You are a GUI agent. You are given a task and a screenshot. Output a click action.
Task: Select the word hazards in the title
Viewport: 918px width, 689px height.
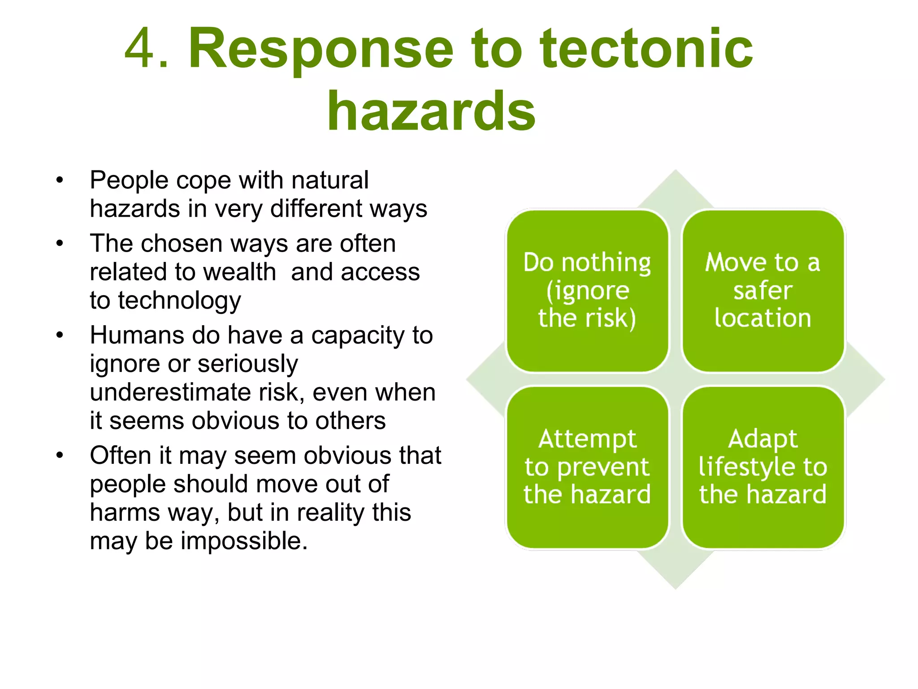pos(431,111)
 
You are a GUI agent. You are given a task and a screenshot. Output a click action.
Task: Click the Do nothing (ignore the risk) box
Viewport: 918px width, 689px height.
pos(587,291)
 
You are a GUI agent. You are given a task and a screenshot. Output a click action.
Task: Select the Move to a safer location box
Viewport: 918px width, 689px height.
pos(763,291)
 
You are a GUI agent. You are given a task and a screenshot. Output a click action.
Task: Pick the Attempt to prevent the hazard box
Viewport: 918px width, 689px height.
pos(587,467)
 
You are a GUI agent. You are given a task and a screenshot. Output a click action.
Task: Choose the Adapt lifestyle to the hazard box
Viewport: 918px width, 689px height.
pos(763,467)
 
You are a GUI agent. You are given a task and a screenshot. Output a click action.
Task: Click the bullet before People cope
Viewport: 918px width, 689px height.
pos(60,181)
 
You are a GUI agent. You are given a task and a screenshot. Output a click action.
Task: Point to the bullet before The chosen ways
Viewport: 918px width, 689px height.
pos(60,244)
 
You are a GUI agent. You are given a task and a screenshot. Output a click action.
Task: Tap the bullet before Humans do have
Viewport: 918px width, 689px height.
pos(60,336)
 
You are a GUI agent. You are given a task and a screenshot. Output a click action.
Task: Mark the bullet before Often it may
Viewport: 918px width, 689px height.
pos(60,456)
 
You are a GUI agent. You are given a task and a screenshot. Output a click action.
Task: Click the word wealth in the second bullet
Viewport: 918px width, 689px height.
pos(238,272)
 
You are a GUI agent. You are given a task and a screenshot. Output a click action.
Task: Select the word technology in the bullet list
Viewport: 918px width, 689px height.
pos(179,301)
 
